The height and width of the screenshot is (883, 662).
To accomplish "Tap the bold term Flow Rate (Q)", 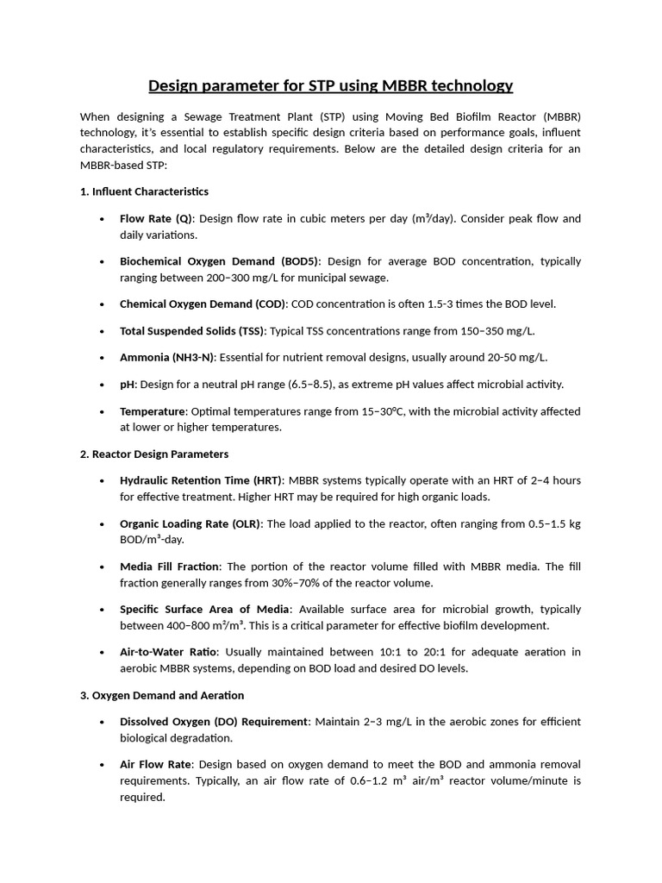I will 156,218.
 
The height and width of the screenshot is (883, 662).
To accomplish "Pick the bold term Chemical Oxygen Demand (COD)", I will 203,304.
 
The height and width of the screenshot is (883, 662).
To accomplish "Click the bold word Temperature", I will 153,411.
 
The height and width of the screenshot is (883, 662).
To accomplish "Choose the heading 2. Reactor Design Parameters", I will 154,454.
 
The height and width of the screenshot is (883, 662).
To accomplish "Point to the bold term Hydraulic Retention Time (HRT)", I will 201,480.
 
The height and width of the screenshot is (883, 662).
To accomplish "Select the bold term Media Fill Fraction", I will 171,567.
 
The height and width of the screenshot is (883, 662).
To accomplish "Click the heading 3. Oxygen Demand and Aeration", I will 162,695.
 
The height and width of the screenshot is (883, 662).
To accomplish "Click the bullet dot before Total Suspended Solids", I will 103,331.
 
